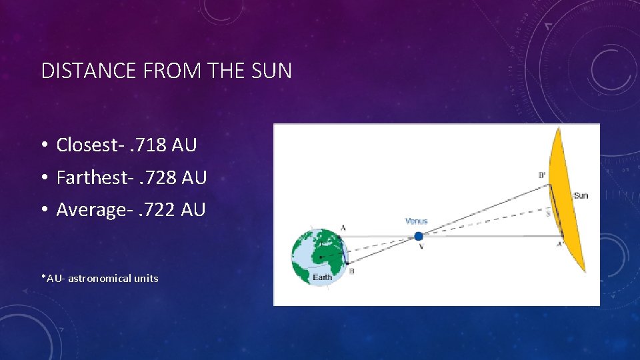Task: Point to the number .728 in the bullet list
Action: (x=157, y=177)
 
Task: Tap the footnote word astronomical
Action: (x=99, y=278)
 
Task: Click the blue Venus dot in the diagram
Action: (x=418, y=236)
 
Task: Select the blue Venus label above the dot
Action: (x=416, y=221)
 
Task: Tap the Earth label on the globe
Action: (x=323, y=277)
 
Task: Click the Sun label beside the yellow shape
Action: (x=581, y=195)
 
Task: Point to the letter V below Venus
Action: (x=421, y=247)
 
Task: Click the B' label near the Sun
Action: (x=542, y=175)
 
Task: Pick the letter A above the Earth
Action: (x=343, y=227)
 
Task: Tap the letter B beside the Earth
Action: (x=352, y=271)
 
